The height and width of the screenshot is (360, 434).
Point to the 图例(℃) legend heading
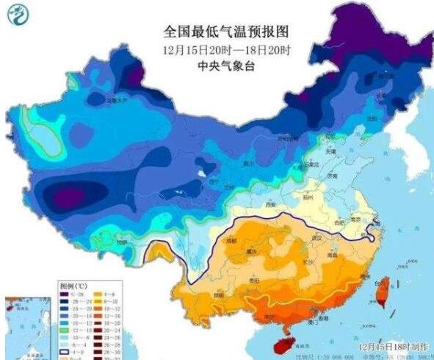click(x=74, y=284)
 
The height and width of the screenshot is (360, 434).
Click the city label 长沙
click(x=289, y=262)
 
